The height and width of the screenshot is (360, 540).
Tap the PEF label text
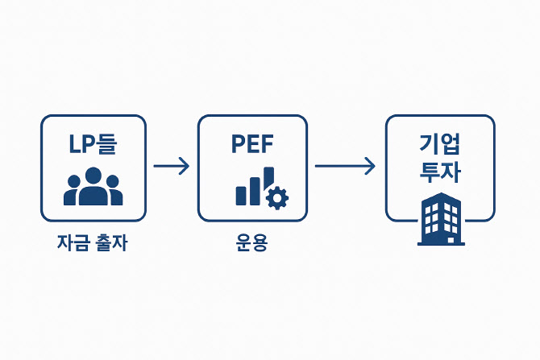pyautogui.click(x=252, y=144)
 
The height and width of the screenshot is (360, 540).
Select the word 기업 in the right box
pyautogui.click(x=440, y=143)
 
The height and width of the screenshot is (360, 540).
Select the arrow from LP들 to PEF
pyautogui.click(x=171, y=167)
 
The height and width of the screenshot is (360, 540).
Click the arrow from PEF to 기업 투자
pyautogui.click(x=345, y=167)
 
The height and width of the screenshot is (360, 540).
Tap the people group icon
pyautogui.click(x=93, y=187)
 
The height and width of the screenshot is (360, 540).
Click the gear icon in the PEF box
pyautogui.click(x=276, y=197)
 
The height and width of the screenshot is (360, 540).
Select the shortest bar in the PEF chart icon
pyautogui.click(x=240, y=195)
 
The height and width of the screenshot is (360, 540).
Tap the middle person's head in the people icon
pyautogui.click(x=93, y=175)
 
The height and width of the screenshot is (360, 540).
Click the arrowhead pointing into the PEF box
pyautogui.click(x=185, y=167)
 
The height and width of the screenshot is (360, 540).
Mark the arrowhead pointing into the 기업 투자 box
pyautogui.click(x=370, y=167)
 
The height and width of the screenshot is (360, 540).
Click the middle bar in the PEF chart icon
pyautogui.click(x=254, y=191)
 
